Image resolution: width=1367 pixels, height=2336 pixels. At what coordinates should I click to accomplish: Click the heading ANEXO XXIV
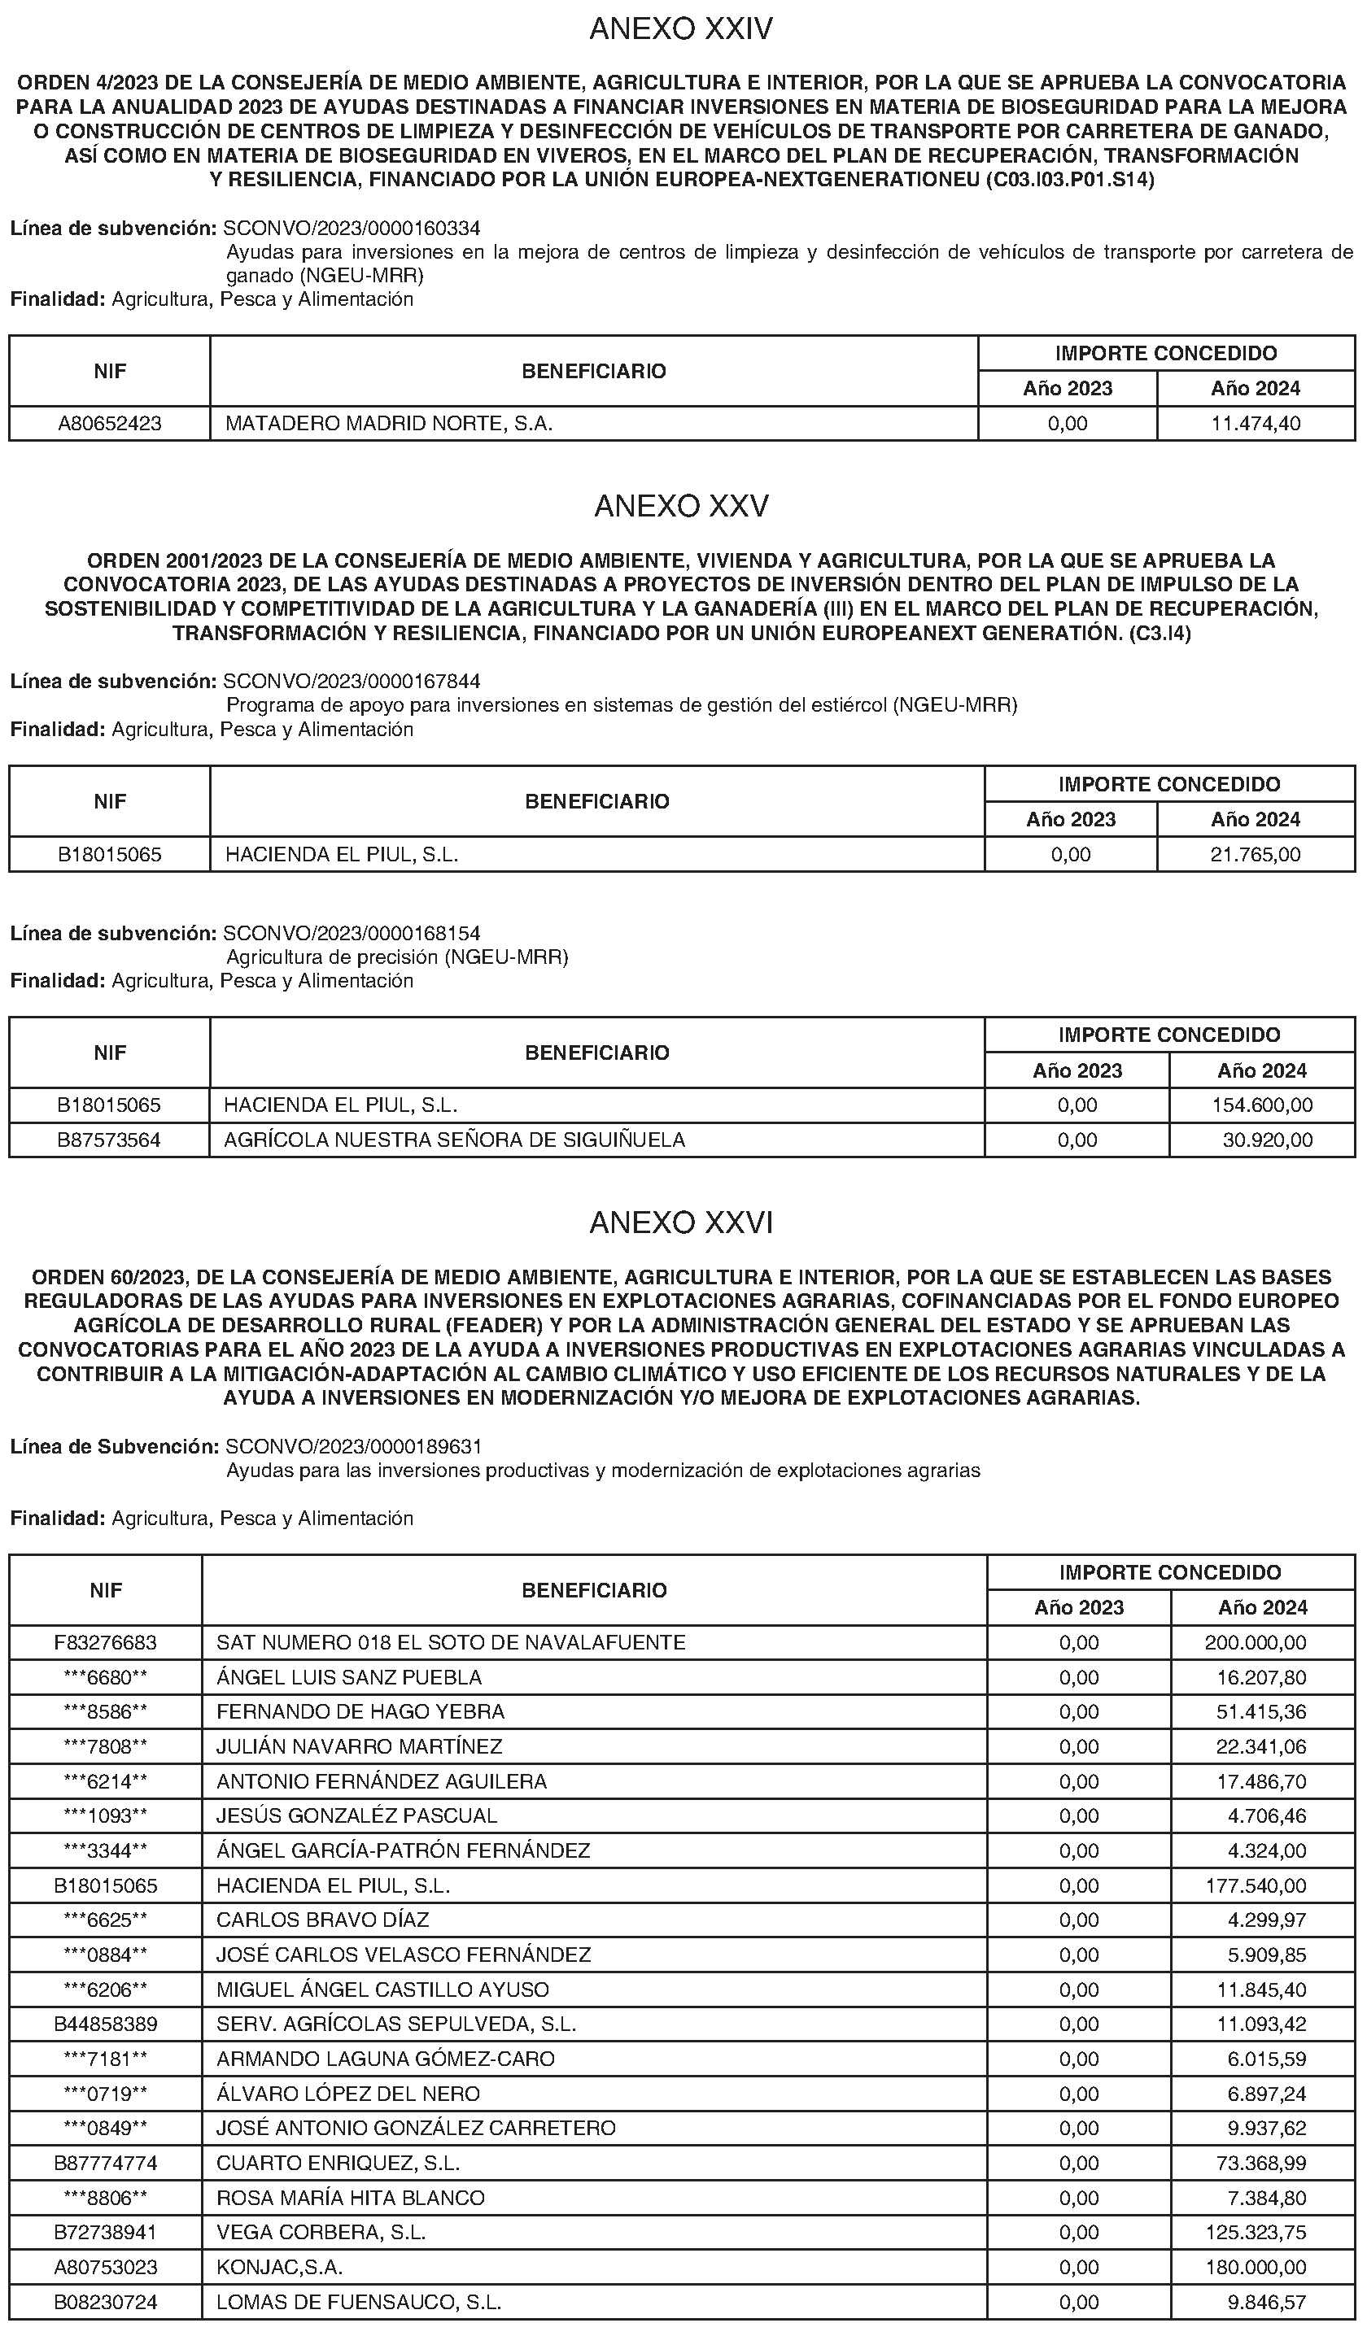tap(682, 29)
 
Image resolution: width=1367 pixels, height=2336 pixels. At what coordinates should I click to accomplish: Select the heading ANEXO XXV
tap(682, 506)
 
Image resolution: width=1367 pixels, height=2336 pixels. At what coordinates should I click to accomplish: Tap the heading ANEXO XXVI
tap(682, 1222)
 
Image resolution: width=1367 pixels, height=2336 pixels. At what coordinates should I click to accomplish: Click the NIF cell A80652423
tap(109, 424)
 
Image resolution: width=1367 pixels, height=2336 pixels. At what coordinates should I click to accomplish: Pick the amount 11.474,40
tap(1256, 424)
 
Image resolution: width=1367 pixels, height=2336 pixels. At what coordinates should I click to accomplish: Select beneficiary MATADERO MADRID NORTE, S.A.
tap(389, 424)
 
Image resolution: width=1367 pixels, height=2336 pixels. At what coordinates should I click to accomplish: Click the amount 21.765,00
tap(1256, 855)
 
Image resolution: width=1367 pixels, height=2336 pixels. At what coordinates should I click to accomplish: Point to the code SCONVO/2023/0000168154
tap(352, 933)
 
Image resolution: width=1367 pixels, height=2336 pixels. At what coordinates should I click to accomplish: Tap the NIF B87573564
tap(109, 1140)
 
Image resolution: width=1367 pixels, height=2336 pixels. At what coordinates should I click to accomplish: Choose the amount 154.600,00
tap(1262, 1105)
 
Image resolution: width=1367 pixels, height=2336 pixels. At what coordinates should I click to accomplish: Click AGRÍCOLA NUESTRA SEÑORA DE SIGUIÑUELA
tap(454, 1140)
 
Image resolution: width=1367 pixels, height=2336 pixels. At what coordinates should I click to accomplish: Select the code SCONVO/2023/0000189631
tap(353, 1446)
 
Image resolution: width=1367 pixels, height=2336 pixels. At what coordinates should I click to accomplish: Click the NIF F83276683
tap(106, 1643)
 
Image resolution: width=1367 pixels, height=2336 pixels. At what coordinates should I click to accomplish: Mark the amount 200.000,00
tap(1256, 1643)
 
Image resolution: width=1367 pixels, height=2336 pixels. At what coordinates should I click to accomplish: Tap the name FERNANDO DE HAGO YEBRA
tap(360, 1711)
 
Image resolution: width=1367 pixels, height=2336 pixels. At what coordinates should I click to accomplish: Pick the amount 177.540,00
tap(1256, 1885)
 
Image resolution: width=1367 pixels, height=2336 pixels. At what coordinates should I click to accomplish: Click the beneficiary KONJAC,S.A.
tap(279, 2268)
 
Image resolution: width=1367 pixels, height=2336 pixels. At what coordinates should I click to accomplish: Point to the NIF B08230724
tap(106, 2302)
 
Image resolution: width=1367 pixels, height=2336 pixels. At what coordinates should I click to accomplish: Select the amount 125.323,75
tap(1256, 2232)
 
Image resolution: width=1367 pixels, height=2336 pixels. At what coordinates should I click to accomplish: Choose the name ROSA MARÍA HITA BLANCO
tap(351, 2198)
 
